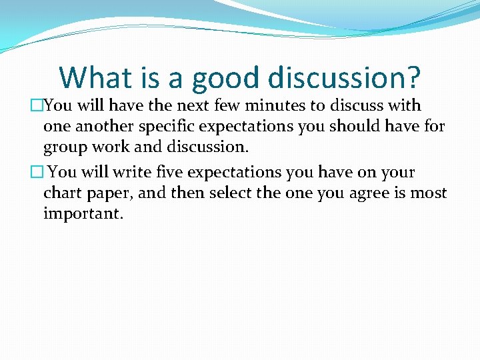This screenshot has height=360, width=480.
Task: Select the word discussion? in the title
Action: tap(345, 77)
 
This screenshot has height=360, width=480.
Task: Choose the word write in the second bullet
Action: tap(133, 172)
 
